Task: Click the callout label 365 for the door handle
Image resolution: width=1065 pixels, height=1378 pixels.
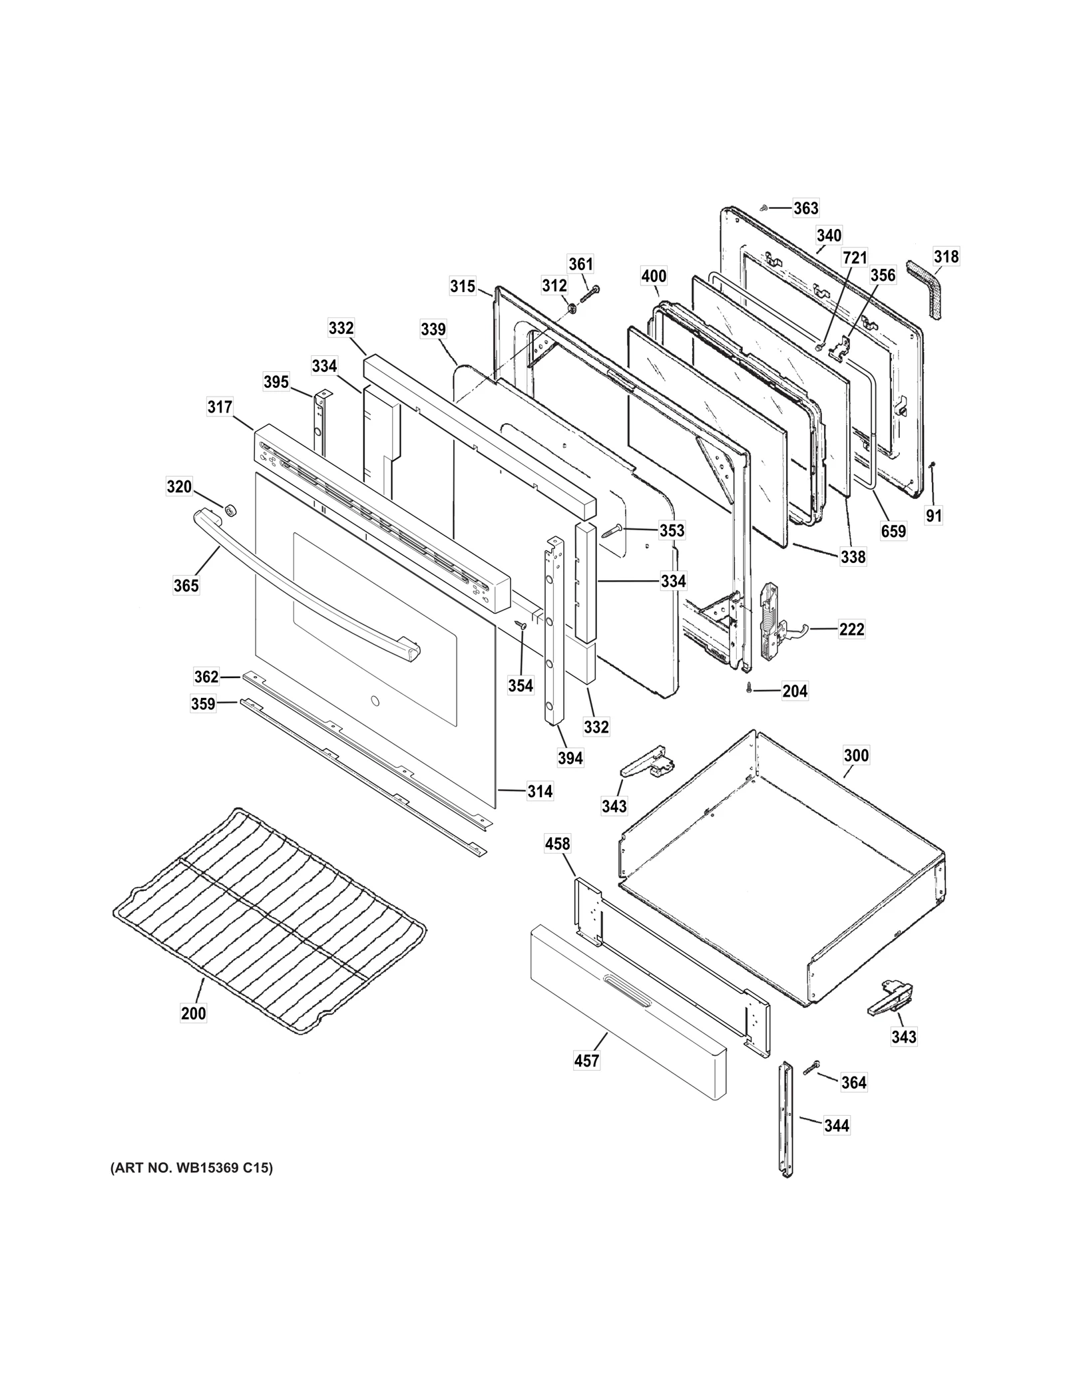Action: [x=186, y=585]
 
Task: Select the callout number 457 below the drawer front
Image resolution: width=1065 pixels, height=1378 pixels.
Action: [x=586, y=1061]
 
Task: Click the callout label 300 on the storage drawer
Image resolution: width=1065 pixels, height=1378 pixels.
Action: [x=856, y=755]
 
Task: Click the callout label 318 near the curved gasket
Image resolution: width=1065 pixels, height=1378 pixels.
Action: [x=946, y=256]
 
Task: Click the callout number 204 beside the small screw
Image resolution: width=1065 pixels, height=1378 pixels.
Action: [x=795, y=691]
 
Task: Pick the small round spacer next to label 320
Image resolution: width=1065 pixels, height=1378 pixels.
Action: [x=231, y=510]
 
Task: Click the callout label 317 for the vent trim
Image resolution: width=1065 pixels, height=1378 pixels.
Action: [x=220, y=406]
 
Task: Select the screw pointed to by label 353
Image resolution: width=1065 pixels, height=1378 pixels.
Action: [x=612, y=532]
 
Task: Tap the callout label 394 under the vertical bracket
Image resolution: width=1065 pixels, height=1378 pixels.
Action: [x=570, y=757]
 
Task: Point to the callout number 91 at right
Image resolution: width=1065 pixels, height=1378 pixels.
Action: [x=934, y=516]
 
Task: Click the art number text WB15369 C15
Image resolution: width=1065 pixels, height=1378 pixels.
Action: [x=192, y=1168]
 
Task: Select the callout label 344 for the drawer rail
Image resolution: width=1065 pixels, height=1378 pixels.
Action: [x=836, y=1125]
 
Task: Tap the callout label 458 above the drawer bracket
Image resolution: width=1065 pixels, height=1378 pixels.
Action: [x=557, y=844]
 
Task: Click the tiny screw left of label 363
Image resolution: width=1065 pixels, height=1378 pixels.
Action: [x=765, y=208]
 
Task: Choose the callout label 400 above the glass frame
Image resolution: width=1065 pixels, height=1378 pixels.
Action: [x=654, y=275]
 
